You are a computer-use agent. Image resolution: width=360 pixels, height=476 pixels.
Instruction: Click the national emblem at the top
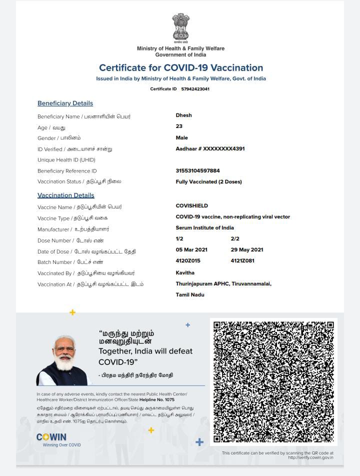pyautogui.click(x=180, y=28)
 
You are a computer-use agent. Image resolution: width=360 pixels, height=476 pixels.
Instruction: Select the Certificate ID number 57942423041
pyautogui.click(x=195, y=89)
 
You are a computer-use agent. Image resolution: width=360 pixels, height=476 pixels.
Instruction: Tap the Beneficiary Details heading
pyautogui.click(x=65, y=103)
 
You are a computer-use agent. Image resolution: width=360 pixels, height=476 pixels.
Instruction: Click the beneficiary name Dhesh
pyautogui.click(x=183, y=115)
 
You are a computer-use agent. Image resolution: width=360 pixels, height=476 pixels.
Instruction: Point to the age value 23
pyautogui.click(x=179, y=126)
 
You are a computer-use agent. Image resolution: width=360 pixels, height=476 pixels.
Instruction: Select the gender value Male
pyautogui.click(x=181, y=137)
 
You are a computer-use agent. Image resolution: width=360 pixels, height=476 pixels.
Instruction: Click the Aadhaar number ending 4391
pyautogui.click(x=210, y=148)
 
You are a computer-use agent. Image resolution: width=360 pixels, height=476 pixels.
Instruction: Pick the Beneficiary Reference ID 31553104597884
pyautogui.click(x=197, y=170)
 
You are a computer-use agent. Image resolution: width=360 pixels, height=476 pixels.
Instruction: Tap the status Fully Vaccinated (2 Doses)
pyautogui.click(x=208, y=182)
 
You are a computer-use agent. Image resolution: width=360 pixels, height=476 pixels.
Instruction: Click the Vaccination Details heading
pyautogui.click(x=65, y=195)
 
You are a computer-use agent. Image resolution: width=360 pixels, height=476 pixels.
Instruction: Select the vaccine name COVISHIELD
pyautogui.click(x=191, y=205)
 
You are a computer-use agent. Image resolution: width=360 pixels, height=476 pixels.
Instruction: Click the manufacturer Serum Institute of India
pyautogui.click(x=204, y=227)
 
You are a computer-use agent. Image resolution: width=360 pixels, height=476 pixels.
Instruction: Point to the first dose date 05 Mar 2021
pyautogui.click(x=191, y=249)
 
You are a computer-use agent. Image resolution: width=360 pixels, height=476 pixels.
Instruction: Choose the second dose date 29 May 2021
pyautogui.click(x=246, y=249)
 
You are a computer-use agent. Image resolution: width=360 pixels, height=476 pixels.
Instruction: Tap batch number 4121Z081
pyautogui.click(x=242, y=260)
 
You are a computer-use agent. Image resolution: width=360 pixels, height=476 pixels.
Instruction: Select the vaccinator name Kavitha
pyautogui.click(x=185, y=272)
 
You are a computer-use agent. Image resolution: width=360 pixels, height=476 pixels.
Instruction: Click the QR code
pyautogui.click(x=273, y=381)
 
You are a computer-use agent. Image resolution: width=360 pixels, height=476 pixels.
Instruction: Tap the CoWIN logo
pyautogui.click(x=51, y=437)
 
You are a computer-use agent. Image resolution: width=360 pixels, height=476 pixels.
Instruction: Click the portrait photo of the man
pyautogui.click(x=63, y=360)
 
